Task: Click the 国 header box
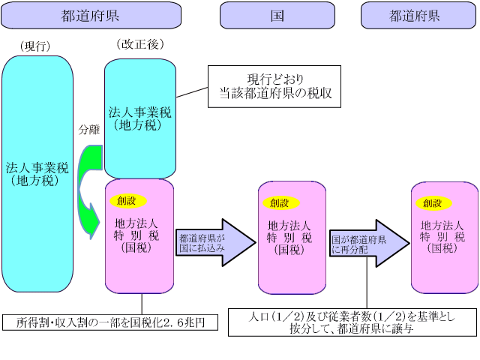277,15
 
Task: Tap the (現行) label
35,46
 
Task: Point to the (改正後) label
139,44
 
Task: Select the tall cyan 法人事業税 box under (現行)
37,173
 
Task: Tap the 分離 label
88,129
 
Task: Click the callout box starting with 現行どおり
275,87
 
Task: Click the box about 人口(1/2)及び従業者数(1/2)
352,322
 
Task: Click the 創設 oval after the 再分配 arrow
433,202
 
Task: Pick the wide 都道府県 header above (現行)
90,15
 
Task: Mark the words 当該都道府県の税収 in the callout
275,94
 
